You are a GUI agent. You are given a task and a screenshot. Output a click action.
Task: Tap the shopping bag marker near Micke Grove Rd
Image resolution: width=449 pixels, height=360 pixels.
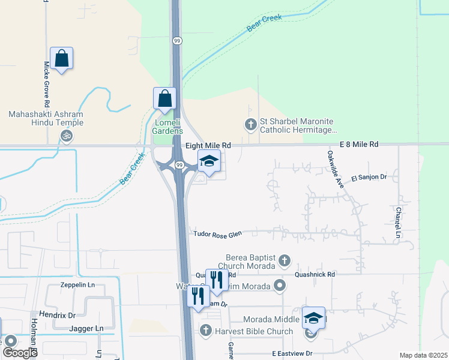tap(62, 59)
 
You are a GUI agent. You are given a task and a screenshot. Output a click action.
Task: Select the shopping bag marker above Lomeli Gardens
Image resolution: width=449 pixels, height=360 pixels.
tap(165, 99)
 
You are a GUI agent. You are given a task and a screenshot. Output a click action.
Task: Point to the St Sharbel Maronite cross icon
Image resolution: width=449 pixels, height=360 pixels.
tap(250, 125)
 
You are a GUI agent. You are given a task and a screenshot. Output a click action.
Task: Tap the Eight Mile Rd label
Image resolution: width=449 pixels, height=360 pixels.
tap(208, 145)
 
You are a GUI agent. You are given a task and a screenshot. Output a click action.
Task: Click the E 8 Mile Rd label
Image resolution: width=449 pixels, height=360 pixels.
tap(359, 145)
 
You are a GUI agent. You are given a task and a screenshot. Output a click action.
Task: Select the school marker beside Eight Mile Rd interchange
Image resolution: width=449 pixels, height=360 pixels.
tap(209, 162)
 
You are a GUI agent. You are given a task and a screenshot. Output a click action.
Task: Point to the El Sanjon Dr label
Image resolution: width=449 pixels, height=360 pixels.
tap(370, 177)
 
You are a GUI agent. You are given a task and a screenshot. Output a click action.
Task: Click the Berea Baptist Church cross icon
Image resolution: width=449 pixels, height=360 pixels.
tap(285, 260)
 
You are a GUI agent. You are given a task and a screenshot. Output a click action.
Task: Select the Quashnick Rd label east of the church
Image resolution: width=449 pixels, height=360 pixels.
tap(315, 274)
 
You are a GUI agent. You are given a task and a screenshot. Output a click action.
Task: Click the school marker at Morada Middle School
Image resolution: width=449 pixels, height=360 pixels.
tap(313, 319)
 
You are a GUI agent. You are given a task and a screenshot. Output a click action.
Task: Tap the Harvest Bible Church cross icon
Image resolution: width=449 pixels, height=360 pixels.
tap(205, 330)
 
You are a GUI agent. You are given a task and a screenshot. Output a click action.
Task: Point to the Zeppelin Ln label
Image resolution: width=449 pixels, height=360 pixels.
tap(78, 285)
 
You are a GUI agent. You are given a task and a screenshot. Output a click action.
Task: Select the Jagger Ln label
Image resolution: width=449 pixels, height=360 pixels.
tap(86, 329)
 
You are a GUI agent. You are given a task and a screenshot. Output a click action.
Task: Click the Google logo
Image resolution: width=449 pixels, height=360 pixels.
tap(20, 353)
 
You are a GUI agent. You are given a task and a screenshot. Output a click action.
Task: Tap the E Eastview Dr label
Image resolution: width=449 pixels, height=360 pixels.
tap(292, 354)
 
